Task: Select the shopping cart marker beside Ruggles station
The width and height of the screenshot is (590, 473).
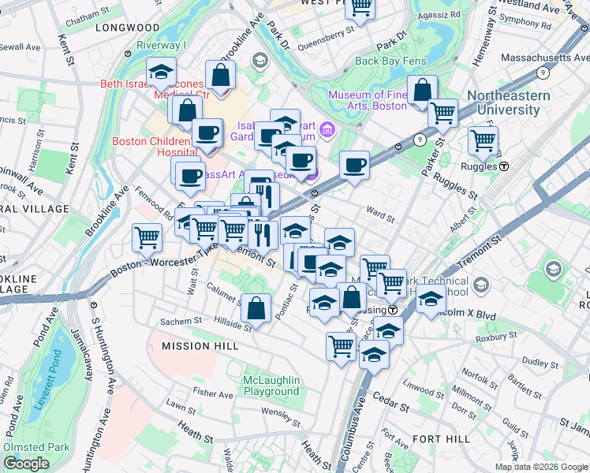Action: [483, 141]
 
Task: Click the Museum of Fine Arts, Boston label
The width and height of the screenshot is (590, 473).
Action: [368, 101]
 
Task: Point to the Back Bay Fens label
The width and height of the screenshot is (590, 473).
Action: [390, 60]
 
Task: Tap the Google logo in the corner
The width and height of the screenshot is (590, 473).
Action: [26, 464]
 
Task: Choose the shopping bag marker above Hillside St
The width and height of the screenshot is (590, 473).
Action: [256, 308]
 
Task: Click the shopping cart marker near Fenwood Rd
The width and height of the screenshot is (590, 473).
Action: [147, 236]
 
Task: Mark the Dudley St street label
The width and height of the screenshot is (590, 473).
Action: [540, 363]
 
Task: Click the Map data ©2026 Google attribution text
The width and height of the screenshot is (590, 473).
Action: [541, 466]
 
